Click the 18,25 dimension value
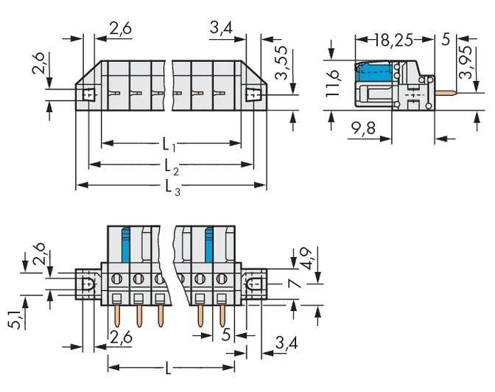[394, 41]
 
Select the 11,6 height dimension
[332, 83]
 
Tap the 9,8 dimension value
[363, 128]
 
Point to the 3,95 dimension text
[466, 62]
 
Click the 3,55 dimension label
[281, 63]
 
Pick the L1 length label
[169, 145]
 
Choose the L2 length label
[172, 167]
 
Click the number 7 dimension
[295, 283]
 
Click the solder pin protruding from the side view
[446, 93]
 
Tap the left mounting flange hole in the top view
[88, 95]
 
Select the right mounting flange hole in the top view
[254, 94]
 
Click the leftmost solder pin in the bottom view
[117, 316]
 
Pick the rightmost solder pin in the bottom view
[222, 316]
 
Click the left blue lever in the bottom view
[126, 245]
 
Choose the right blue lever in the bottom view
[209, 245]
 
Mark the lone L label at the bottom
[168, 368]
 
